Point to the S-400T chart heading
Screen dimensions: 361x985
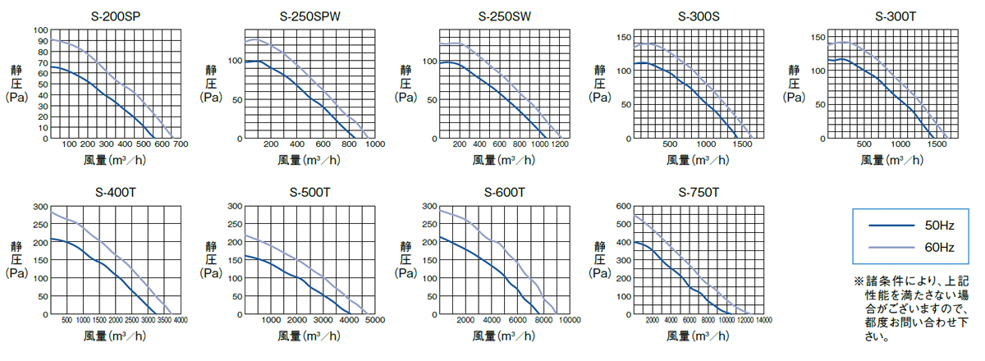point(115,194)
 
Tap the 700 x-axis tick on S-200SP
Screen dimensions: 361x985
point(181,145)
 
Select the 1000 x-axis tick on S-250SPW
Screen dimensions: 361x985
point(374,145)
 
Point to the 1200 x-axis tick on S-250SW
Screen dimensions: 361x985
point(561,145)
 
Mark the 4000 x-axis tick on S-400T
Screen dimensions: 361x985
point(181,320)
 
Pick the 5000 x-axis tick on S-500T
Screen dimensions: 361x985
point(372,320)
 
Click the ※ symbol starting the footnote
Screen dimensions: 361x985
point(859,281)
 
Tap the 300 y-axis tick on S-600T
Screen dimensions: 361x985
point(428,206)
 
